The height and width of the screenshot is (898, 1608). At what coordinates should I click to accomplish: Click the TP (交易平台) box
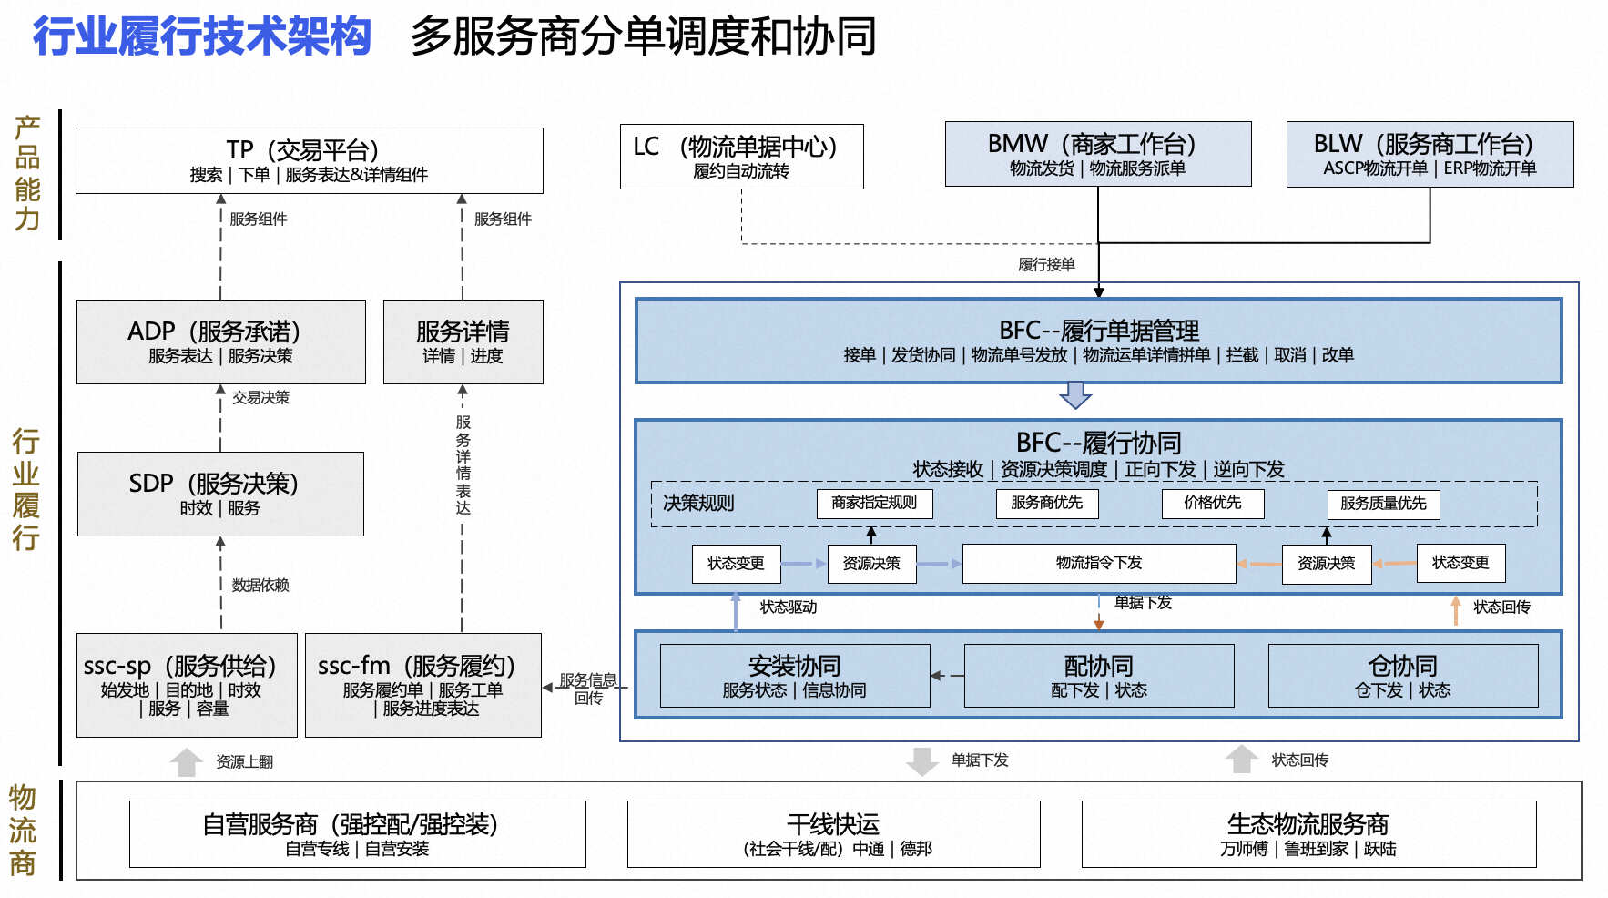309,160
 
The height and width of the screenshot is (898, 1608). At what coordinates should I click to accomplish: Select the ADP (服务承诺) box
220,342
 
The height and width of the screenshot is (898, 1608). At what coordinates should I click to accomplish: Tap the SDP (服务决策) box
220,494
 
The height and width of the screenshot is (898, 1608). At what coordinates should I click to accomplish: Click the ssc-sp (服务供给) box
187,685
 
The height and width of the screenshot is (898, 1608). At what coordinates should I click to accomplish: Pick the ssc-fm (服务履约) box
422,685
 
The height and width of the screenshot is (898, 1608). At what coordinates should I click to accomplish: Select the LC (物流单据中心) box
741,157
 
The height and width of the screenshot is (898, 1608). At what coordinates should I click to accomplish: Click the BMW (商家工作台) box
1097,154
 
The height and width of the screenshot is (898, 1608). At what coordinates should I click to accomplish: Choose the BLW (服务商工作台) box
1429,154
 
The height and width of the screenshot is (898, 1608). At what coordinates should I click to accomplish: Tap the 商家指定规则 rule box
874,503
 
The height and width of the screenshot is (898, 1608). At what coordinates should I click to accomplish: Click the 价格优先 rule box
1213,503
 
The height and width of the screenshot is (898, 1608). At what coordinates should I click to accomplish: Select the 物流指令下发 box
1098,563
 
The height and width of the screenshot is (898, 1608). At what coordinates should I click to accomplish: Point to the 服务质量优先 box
1383,504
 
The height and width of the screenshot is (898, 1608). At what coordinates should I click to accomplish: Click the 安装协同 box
794,676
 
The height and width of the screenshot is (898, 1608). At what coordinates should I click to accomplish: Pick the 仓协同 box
1402,676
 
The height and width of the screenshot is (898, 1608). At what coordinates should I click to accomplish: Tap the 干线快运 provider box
833,834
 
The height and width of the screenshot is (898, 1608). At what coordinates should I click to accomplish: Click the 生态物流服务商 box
1308,834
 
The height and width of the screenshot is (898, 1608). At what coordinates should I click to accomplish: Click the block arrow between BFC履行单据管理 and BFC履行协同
1075,395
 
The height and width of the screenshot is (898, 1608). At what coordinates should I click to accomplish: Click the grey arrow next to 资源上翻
187,761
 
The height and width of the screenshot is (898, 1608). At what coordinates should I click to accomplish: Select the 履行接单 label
1046,265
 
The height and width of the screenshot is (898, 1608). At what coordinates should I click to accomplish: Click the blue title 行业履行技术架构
202,36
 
